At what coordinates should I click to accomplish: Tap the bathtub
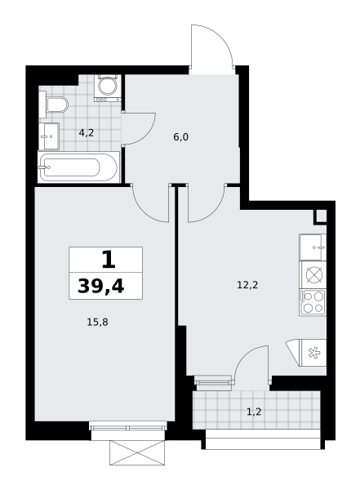tap(78, 167)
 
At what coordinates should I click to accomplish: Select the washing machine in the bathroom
tap(108, 88)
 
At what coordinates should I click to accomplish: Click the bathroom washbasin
tap(49, 136)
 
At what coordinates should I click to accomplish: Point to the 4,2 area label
tap(87, 133)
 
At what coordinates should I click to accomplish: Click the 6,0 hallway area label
tap(181, 137)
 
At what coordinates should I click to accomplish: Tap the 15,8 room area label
tap(97, 322)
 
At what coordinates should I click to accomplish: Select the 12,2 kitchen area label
tap(247, 285)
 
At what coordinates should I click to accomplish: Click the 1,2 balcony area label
tap(254, 412)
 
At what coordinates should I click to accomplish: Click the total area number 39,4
tap(101, 286)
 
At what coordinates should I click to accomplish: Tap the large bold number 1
tap(109, 260)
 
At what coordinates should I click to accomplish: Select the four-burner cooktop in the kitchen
tap(313, 302)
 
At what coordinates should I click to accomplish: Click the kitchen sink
tap(313, 247)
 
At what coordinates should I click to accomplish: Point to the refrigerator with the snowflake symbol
tap(313, 353)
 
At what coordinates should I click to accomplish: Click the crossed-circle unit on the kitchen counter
tap(313, 275)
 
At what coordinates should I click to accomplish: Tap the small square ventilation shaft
tap(320, 216)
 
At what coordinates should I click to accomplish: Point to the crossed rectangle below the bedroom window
tap(137, 452)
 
